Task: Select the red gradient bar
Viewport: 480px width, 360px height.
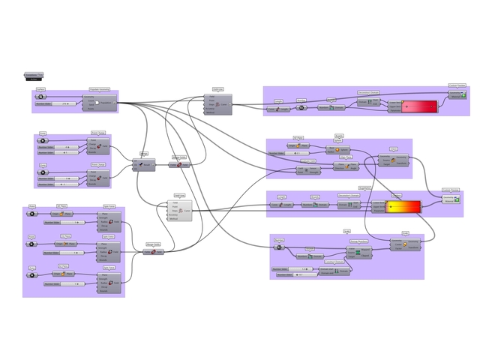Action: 420,107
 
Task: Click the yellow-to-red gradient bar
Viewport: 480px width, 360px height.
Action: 403,207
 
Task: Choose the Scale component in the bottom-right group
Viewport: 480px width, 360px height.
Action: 405,244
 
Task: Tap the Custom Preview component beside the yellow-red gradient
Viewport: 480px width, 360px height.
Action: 451,200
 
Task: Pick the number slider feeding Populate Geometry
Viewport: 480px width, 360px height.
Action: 57,103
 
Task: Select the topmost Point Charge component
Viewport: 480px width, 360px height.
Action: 100,148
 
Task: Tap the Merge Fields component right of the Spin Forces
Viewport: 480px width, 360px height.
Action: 153,251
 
